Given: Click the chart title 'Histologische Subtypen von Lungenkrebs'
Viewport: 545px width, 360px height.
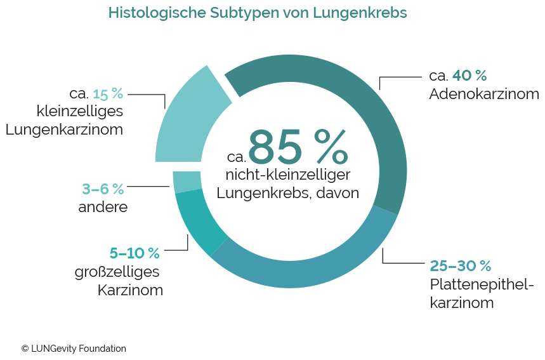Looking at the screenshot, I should click(x=257, y=13).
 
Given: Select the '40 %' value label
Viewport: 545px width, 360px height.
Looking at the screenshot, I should click(x=469, y=76).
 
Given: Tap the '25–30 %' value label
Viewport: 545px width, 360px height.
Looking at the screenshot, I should click(x=461, y=265).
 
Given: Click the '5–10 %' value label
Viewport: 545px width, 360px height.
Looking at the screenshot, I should click(x=135, y=253).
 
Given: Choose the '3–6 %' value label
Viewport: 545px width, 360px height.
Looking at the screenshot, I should click(x=103, y=189).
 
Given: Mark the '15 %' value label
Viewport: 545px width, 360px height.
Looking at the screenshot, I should click(x=108, y=94).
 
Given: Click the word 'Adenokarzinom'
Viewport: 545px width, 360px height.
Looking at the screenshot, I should click(x=483, y=95).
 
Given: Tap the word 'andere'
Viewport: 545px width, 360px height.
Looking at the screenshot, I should click(x=103, y=207).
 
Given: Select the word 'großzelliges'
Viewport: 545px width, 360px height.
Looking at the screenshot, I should click(x=117, y=272).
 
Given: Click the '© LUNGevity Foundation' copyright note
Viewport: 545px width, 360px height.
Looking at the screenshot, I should click(x=74, y=349).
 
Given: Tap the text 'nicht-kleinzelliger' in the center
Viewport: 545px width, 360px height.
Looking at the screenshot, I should click(x=288, y=175).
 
